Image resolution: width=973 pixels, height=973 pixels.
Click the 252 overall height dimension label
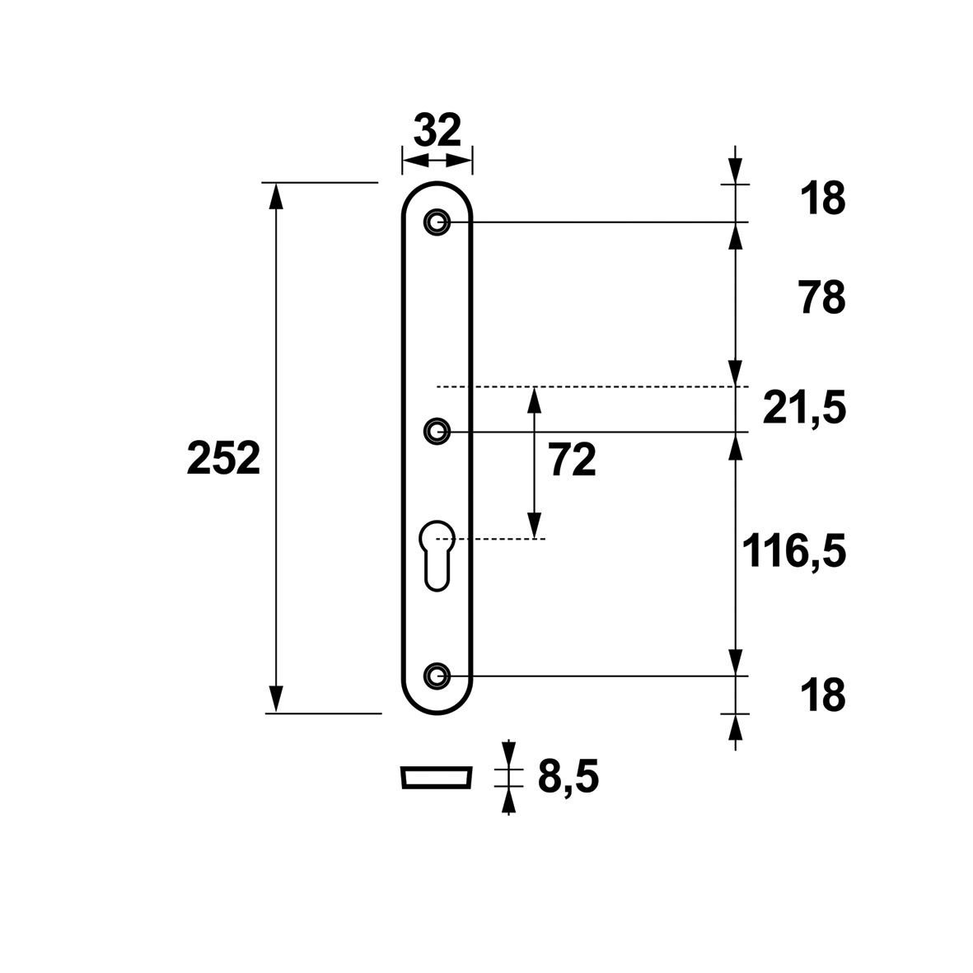pyautogui.click(x=223, y=458)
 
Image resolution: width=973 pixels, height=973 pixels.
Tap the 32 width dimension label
pyautogui.click(x=437, y=130)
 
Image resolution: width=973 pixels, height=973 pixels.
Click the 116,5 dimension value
pyautogui.click(x=794, y=551)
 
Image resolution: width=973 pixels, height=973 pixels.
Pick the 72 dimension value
pyautogui.click(x=572, y=461)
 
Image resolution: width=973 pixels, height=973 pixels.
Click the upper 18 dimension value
pyautogui.click(x=823, y=199)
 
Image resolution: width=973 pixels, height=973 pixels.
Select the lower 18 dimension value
pyautogui.click(x=823, y=695)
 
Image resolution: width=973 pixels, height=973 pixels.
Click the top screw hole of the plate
pyautogui.click(x=437, y=222)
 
